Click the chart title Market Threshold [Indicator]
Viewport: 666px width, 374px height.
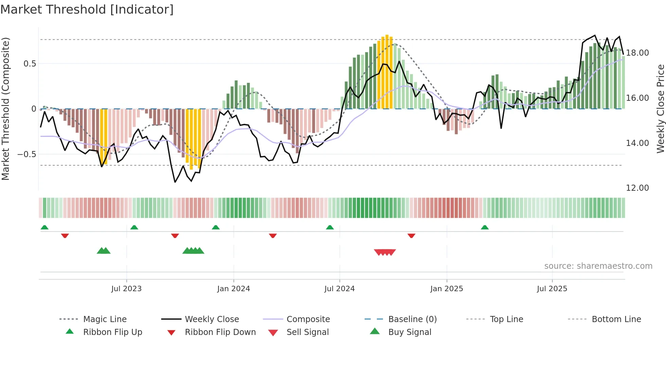tap(87, 10)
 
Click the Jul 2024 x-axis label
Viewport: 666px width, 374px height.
tap(339, 289)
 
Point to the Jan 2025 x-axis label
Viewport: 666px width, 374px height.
tap(446, 289)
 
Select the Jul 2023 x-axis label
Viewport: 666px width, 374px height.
tap(126, 289)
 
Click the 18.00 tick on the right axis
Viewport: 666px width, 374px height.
tap(637, 53)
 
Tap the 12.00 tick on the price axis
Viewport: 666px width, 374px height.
tap(637, 188)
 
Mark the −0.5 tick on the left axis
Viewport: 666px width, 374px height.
tap(27, 154)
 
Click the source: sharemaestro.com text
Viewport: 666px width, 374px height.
tap(598, 266)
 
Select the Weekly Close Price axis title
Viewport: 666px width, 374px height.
tap(660, 109)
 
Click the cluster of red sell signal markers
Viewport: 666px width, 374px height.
tap(385, 252)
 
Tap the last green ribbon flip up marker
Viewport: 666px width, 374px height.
tap(485, 227)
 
